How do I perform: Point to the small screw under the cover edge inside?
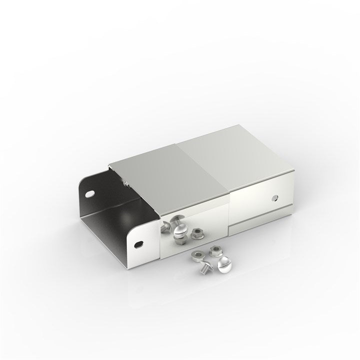126,184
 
